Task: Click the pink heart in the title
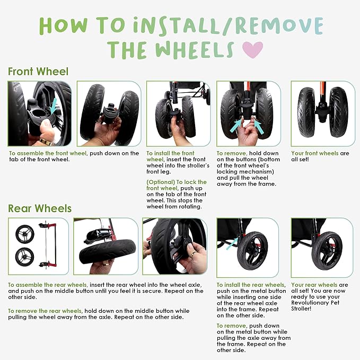point(253,50)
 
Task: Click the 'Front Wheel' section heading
point(38,72)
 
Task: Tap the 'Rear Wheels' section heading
point(40,208)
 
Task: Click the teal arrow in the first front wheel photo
point(53,106)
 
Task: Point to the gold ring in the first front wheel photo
point(46,142)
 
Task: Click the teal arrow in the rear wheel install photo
point(232,244)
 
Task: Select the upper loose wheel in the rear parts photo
point(25,234)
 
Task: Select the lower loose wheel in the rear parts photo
point(24,257)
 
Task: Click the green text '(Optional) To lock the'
point(177,182)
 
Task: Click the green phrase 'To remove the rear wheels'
point(45,311)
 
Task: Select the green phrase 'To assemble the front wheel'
point(48,153)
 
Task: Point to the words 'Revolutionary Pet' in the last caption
point(315,303)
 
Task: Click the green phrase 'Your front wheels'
point(315,153)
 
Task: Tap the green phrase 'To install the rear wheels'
point(251,285)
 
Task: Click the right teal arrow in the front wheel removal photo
point(259,127)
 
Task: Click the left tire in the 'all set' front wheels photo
point(305,112)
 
